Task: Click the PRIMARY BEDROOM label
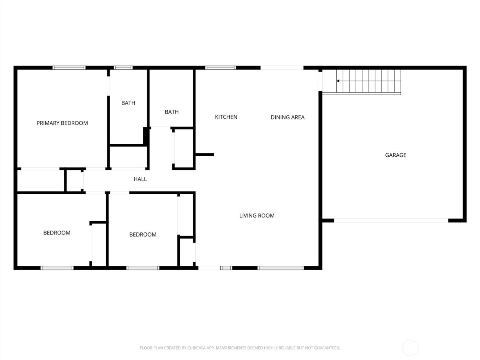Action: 62,123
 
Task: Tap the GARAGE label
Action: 395,155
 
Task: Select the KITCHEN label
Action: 226,117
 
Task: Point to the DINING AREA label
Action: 287,117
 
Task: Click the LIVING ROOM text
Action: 257,216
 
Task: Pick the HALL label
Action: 140,179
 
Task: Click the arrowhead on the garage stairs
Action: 338,81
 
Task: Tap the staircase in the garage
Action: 368,82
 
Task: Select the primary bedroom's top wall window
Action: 69,68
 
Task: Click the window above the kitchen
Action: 220,68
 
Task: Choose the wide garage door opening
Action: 391,220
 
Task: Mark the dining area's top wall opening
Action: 282,68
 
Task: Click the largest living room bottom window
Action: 280,268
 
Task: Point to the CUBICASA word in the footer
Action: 196,348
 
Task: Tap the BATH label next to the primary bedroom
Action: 128,103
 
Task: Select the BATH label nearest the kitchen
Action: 171,112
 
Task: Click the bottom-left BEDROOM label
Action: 57,233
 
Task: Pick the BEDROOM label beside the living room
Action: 143,235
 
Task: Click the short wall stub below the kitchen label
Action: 205,155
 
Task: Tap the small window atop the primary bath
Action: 123,68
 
